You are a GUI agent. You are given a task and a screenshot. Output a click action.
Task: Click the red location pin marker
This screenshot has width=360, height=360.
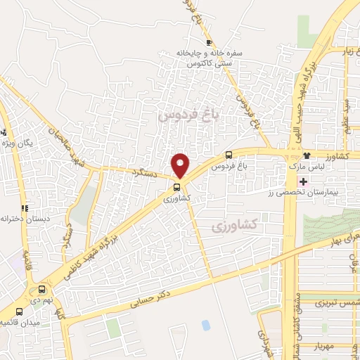click(181, 165)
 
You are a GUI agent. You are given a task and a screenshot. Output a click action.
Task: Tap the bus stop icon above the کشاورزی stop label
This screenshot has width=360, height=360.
click(176, 188)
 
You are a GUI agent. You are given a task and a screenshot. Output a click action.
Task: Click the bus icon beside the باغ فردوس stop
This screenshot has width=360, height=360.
click(229, 155)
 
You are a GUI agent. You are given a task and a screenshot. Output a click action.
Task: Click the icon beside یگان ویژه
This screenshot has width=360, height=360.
click(5, 131)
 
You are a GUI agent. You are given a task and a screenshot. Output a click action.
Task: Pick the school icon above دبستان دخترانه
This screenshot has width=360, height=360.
click(25, 207)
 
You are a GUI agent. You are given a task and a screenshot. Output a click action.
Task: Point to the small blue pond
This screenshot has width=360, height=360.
click(205, 325)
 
